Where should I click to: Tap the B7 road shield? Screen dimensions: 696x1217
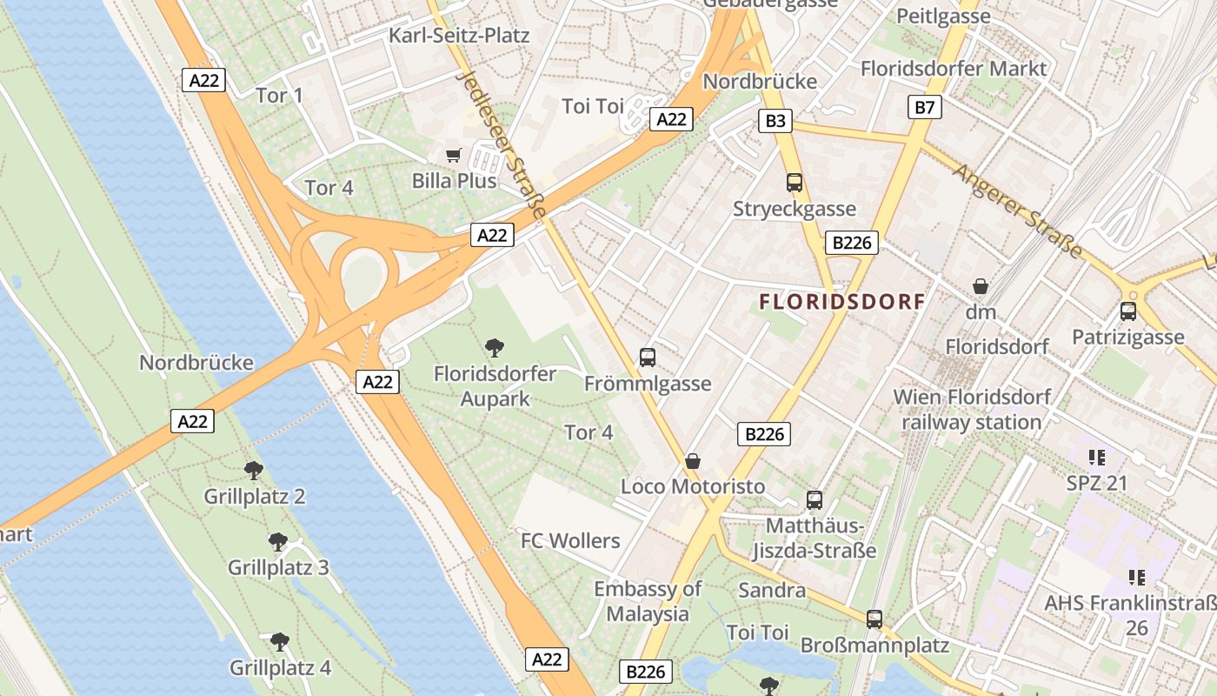(x=925, y=107)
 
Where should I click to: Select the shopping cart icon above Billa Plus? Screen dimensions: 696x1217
(x=453, y=155)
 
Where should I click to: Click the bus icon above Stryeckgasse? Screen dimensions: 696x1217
(x=795, y=183)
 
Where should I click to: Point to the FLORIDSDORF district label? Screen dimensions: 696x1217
(x=841, y=302)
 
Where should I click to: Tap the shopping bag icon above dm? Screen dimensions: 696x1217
(x=981, y=285)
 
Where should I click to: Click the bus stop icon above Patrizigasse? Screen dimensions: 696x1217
(x=1128, y=311)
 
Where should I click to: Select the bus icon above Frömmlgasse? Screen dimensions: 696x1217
(x=648, y=357)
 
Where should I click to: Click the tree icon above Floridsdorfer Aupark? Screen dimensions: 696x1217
(x=495, y=348)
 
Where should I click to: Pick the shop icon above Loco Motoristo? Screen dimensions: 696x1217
(x=693, y=460)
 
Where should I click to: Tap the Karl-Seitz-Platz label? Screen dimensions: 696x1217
(x=459, y=36)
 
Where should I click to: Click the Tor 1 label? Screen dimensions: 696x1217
(x=280, y=95)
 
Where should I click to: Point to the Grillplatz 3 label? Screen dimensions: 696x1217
(x=278, y=567)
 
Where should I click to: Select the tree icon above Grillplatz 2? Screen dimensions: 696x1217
(x=254, y=471)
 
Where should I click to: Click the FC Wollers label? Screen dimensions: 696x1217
(x=570, y=540)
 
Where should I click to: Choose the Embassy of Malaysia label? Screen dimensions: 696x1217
(x=648, y=601)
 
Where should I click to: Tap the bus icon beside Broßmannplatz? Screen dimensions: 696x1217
(x=875, y=619)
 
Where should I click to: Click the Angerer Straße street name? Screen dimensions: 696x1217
(x=1018, y=211)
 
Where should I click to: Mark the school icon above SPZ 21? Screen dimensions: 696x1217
(x=1096, y=457)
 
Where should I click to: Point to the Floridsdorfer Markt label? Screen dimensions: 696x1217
(x=954, y=68)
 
